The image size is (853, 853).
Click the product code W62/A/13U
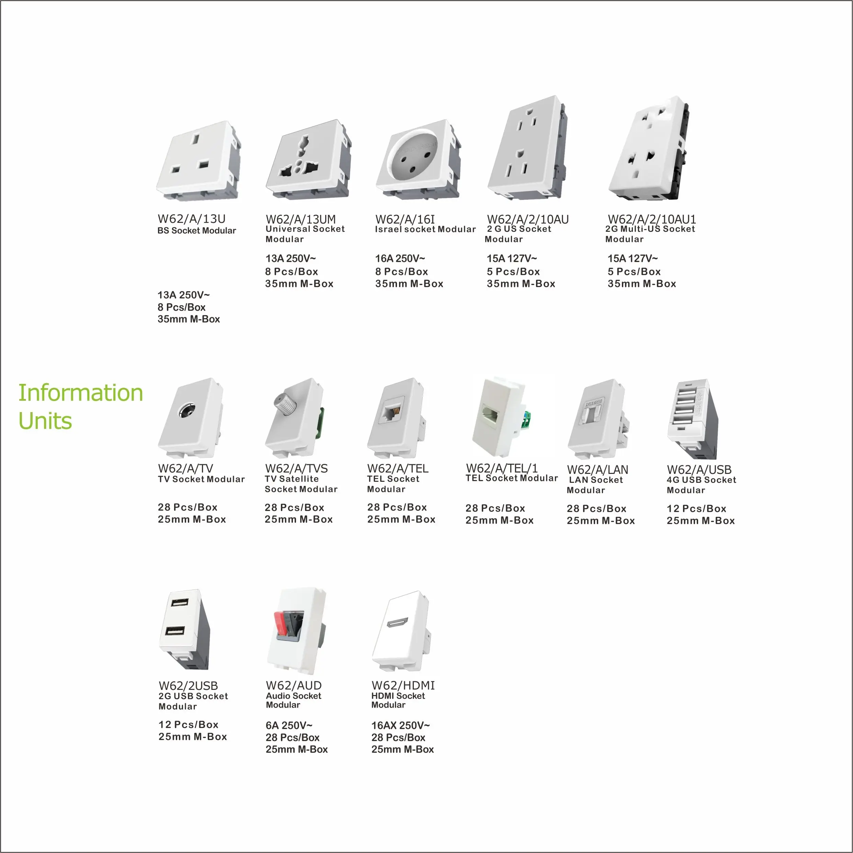[192, 219]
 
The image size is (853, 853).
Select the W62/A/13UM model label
[301, 219]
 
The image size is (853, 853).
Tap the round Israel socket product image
[418, 159]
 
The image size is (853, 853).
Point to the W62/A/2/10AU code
[527, 219]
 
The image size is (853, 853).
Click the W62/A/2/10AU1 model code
[652, 219]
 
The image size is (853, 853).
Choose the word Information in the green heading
[81, 393]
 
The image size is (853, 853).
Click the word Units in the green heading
[45, 421]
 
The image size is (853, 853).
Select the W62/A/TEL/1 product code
[502, 468]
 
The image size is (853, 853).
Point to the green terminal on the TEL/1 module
[526, 420]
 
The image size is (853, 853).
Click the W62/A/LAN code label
[598, 470]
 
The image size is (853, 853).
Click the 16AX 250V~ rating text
[400, 725]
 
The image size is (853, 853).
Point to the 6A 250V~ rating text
[289, 725]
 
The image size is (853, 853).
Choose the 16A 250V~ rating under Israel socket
[400, 258]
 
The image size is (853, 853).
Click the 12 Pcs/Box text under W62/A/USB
[696, 509]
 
